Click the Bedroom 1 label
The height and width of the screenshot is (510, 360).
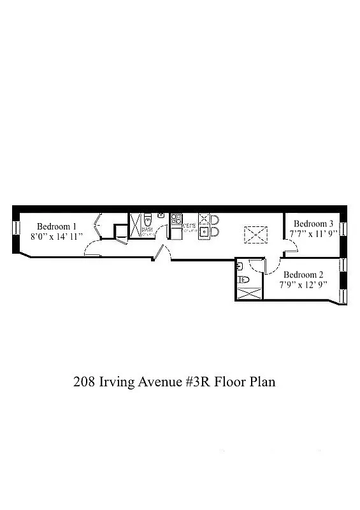point(57,226)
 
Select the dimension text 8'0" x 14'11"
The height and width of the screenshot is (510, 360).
point(57,237)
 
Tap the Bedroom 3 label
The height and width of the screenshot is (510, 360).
point(313,224)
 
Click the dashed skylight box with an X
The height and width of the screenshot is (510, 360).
point(256,235)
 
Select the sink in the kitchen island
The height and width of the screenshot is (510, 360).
point(205,232)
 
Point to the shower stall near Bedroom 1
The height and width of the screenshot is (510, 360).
point(136,226)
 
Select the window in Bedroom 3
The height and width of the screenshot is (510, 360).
point(343,228)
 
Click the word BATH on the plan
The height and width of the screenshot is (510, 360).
point(147,230)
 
